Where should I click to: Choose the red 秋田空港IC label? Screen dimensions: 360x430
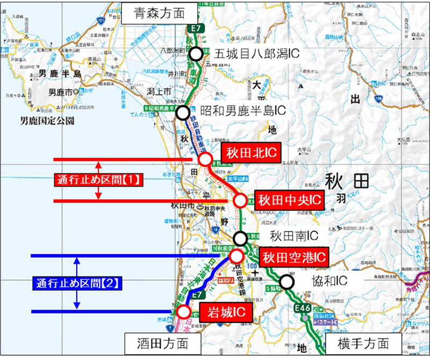(x=293, y=257)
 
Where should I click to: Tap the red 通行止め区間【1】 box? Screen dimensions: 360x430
(x=98, y=180)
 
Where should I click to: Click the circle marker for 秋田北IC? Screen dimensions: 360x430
(x=205, y=159)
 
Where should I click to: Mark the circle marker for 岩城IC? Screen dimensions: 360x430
(x=184, y=311)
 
